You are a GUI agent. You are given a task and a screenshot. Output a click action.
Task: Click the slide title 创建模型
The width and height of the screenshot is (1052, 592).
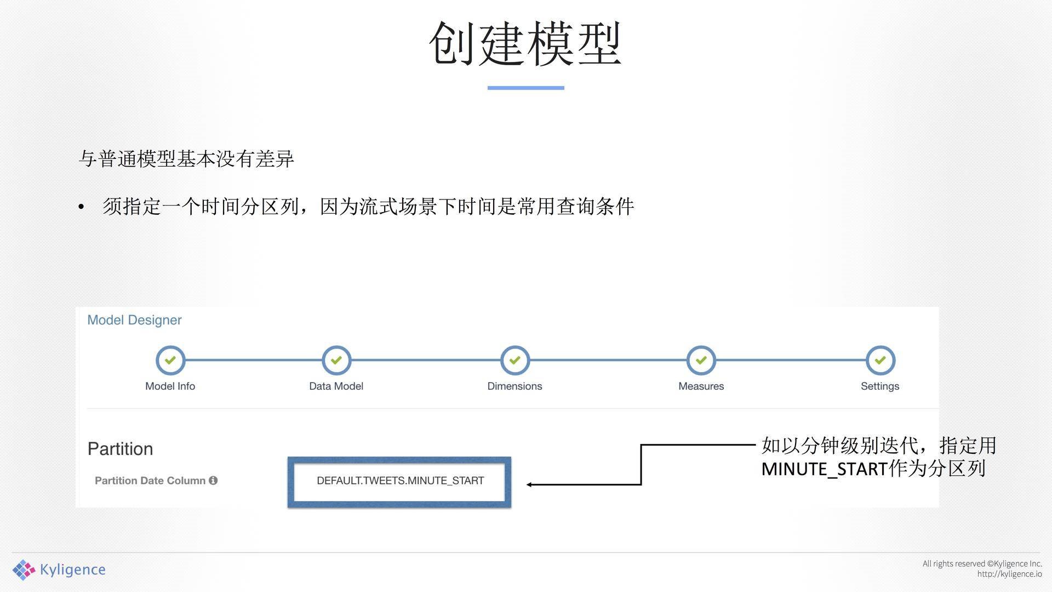[x=525, y=44]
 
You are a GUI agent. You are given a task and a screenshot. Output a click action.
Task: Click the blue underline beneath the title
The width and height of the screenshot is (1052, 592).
[x=525, y=88]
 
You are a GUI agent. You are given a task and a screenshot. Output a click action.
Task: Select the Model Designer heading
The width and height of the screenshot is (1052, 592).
[x=134, y=320]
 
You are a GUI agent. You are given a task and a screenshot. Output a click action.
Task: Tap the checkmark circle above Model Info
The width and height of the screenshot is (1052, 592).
[x=170, y=360]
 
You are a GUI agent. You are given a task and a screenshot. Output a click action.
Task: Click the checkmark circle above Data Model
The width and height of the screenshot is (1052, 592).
[x=336, y=360]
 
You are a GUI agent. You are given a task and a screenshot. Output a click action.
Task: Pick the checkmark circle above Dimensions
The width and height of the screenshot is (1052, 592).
[x=514, y=360]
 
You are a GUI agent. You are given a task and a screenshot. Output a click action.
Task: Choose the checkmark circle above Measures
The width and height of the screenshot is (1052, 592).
[x=701, y=360]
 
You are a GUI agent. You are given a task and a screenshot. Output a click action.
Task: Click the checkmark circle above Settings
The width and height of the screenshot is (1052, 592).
[x=880, y=360]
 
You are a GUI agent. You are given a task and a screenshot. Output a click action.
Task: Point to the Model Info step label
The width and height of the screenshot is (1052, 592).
[x=170, y=386]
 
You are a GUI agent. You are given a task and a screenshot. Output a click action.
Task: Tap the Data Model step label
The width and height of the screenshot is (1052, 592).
[x=336, y=386]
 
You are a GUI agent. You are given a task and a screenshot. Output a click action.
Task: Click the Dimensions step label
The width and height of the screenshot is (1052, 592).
[x=514, y=386]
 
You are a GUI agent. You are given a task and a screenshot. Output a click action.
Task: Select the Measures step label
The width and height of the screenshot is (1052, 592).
[x=701, y=386]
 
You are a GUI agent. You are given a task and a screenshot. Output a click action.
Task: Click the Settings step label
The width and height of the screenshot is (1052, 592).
[x=880, y=386]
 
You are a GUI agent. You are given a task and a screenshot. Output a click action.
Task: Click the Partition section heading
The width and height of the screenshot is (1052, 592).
[x=120, y=449]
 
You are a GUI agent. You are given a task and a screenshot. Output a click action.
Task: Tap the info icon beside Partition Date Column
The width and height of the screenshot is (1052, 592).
[x=213, y=480]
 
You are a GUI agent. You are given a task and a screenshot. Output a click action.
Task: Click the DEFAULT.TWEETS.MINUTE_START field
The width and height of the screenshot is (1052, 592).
[x=399, y=481]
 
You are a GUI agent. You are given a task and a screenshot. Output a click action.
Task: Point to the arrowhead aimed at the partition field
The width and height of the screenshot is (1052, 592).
[x=529, y=485]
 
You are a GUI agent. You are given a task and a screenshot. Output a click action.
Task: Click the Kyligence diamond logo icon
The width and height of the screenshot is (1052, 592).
[x=24, y=570]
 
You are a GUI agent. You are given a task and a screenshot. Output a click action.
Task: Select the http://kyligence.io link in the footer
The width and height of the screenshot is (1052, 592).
[x=1009, y=574]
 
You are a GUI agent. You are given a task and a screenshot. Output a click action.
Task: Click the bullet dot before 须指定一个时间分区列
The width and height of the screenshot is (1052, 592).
[x=81, y=207]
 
